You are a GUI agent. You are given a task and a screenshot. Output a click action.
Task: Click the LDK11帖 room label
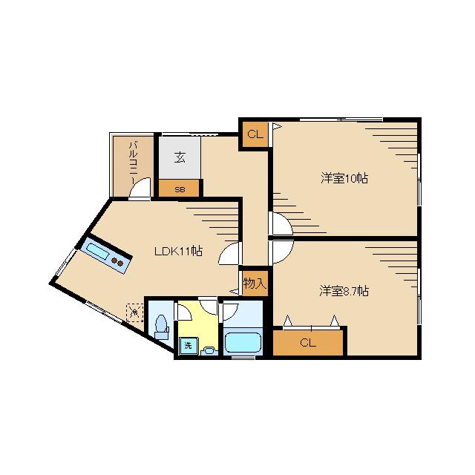pos(178,251)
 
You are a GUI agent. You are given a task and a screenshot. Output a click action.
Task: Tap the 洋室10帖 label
pos(344,178)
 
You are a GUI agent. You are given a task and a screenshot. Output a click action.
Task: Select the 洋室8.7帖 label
pos(344,291)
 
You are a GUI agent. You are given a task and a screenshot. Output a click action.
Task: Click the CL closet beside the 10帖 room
pos(255,134)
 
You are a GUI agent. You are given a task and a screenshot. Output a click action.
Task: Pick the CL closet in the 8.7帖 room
pos(308,343)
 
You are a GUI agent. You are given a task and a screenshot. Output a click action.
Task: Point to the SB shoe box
pos(180,189)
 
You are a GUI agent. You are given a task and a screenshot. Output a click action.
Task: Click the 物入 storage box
pos(255,284)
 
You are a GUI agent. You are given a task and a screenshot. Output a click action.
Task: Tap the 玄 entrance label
pos(180,157)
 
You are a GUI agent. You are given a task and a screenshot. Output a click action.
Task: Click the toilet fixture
pos(161,327)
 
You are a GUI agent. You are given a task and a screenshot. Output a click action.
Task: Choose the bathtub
pos(243,343)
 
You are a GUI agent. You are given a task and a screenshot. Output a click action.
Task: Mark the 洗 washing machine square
pos(188,346)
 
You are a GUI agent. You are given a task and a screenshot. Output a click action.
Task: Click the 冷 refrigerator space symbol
pos(135,312)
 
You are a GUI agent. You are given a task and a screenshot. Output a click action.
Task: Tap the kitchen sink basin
pos(97,251)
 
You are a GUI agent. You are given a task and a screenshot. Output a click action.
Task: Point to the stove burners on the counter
pos(117,262)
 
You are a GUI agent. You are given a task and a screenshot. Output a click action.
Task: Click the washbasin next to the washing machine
pos(209,351)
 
